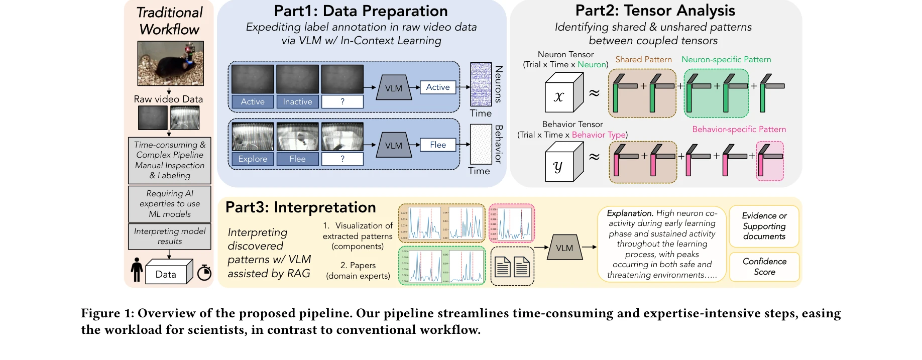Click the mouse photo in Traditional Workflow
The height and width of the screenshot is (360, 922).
170,63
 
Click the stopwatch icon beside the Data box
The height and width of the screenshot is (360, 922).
204,272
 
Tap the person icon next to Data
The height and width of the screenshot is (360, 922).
137,270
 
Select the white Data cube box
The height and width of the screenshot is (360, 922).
166,274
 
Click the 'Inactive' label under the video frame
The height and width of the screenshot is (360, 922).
297,102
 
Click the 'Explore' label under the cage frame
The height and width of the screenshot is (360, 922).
253,159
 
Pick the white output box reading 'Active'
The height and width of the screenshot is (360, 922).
438,87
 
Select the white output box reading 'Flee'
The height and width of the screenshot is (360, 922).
438,145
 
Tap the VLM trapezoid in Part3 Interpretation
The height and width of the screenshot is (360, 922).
564,248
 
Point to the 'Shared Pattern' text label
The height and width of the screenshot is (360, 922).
643,60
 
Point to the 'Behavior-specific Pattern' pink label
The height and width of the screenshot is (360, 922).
739,130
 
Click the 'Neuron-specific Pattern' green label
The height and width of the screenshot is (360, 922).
726,60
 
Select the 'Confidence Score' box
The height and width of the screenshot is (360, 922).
764,267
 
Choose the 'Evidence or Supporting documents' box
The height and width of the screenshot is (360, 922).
764,226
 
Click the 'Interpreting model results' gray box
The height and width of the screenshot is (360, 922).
170,236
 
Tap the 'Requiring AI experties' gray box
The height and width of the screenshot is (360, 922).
170,204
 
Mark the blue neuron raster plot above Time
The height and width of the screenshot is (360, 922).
481,84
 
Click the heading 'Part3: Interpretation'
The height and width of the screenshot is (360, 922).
300,207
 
